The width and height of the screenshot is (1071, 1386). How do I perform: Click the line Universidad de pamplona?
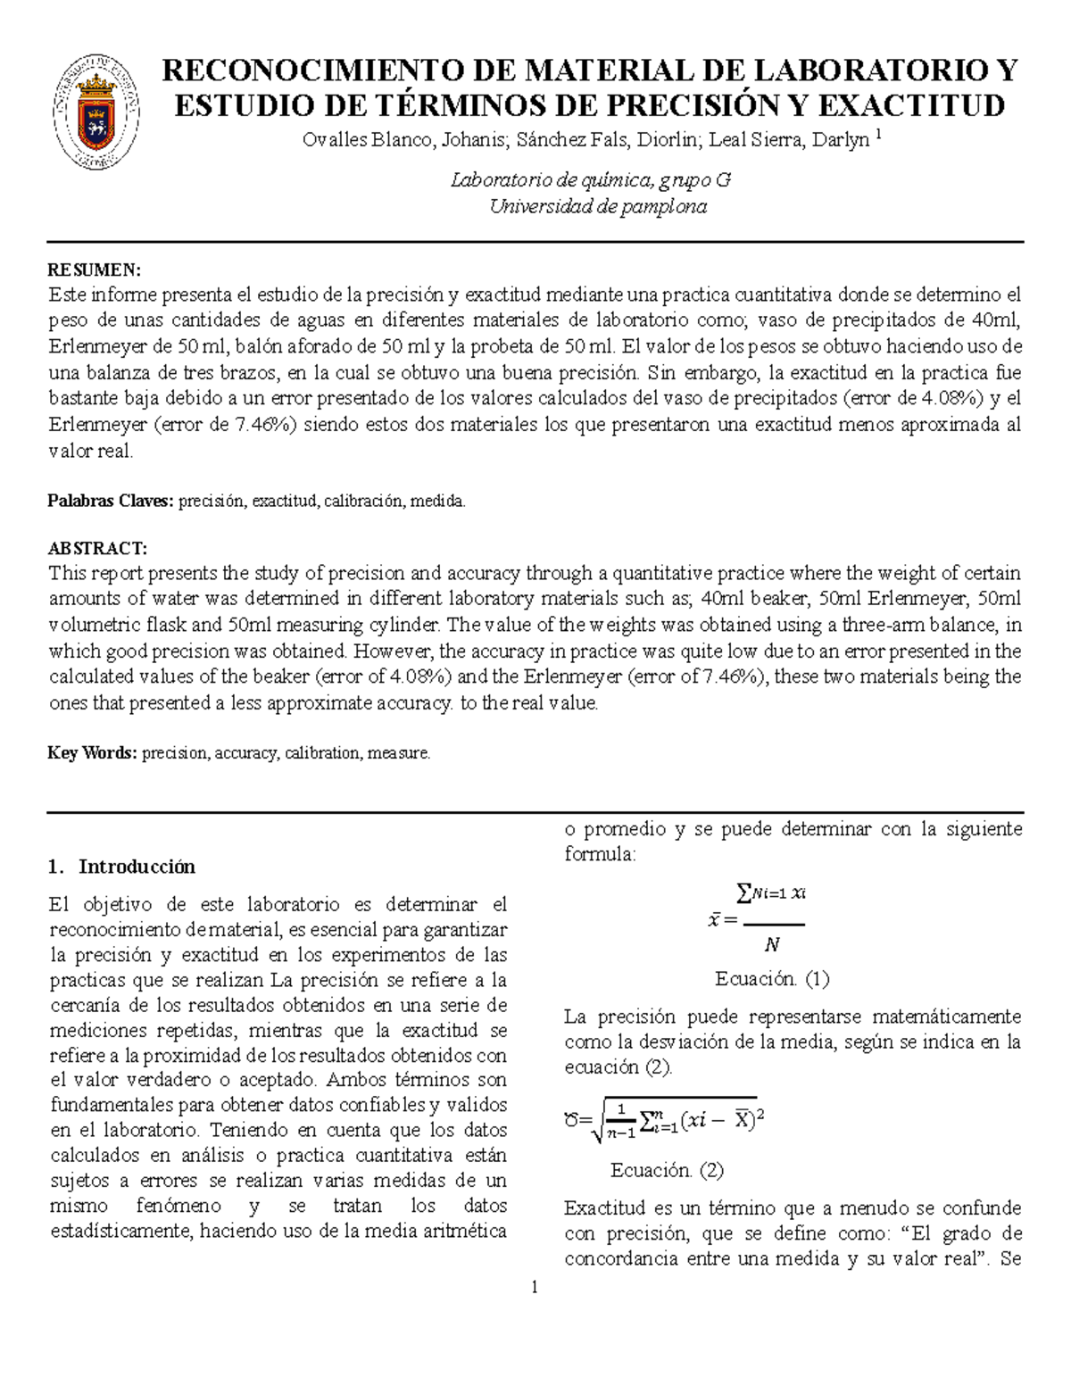coord(598,206)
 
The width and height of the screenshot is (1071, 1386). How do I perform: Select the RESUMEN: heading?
coord(94,270)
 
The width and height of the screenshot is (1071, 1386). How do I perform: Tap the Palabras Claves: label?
coord(110,502)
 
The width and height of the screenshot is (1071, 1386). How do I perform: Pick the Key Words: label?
coord(92,753)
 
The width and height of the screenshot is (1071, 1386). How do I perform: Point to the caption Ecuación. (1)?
coord(772,979)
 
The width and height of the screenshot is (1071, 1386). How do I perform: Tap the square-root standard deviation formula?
coord(665,1119)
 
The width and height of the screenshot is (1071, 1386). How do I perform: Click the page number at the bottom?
coord(535,1287)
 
